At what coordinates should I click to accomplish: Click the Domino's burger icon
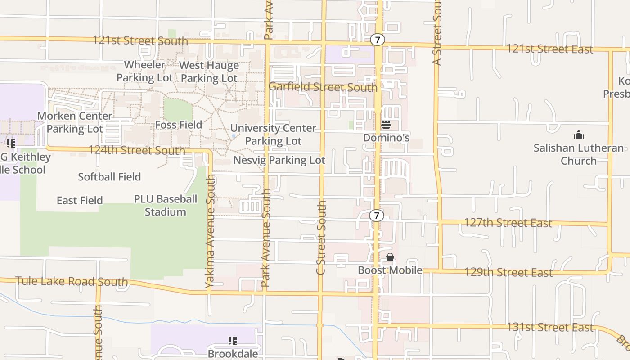click(386, 125)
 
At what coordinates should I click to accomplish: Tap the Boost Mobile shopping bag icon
click(390, 257)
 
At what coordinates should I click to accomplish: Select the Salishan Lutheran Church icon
click(578, 135)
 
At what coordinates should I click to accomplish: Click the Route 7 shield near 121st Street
click(378, 40)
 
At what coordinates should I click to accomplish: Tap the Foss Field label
click(178, 125)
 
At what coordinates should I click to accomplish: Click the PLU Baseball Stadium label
click(165, 206)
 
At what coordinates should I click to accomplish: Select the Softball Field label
click(109, 177)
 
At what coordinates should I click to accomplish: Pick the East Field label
click(80, 200)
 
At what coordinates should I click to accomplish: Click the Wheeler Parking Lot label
click(144, 71)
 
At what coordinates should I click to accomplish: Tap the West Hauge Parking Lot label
click(209, 72)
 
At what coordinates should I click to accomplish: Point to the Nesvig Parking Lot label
click(279, 160)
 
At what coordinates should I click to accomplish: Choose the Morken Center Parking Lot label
click(75, 122)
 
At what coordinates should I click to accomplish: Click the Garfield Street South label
click(323, 87)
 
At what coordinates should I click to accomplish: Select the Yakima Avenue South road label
click(210, 231)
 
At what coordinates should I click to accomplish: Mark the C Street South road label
click(321, 237)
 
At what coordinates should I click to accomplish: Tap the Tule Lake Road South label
click(72, 282)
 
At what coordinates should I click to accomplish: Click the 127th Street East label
click(508, 223)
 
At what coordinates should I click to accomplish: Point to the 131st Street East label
click(550, 327)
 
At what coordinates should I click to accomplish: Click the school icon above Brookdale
click(232, 341)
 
